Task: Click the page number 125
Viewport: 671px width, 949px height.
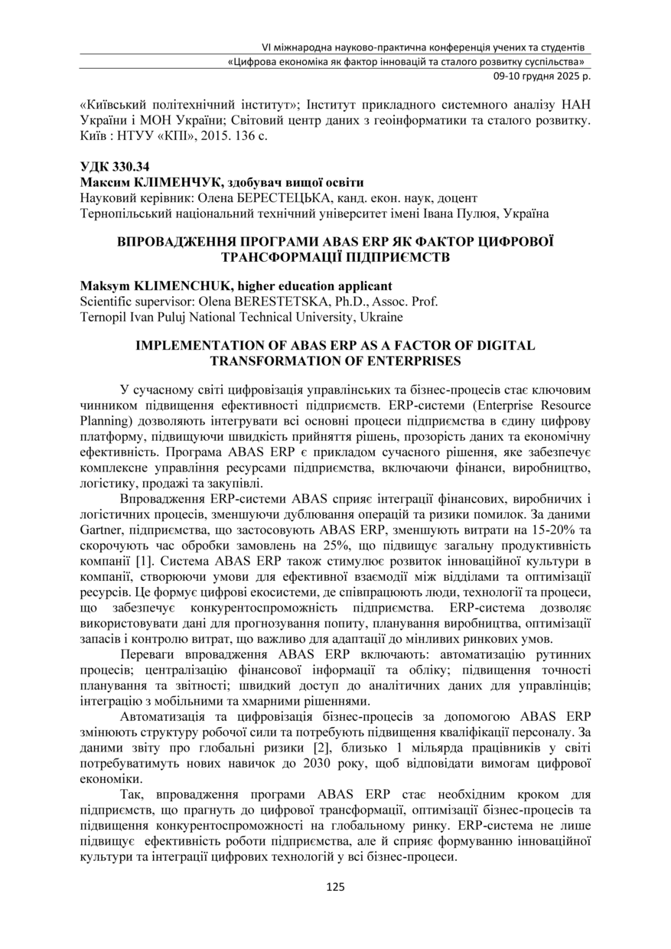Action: click(335, 887)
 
